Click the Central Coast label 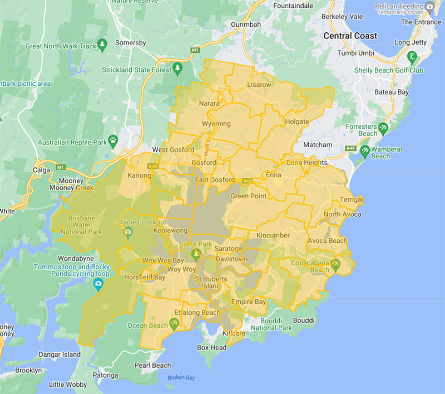coord(350,36)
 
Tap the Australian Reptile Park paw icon coord(113,140)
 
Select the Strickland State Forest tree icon coord(177,69)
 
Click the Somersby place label coord(130,43)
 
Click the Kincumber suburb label coord(273,235)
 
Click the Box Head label coord(211,347)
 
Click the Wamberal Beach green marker coord(365,150)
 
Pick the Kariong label coord(139,176)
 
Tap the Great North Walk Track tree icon coord(101,43)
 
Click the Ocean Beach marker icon coord(174,323)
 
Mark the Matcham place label coord(318,145)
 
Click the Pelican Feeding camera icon coord(428,6)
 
